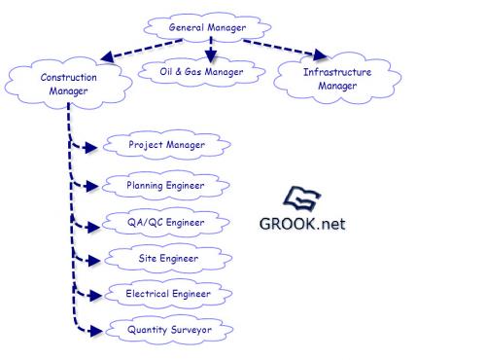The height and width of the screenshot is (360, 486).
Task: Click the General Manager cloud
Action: click(x=207, y=27)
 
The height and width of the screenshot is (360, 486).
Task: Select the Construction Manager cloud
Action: click(x=68, y=84)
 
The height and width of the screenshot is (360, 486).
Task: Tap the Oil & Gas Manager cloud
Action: click(x=201, y=72)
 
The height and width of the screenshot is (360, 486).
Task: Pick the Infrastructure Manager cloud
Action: click(x=337, y=78)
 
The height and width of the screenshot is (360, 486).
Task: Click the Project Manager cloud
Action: click(x=167, y=145)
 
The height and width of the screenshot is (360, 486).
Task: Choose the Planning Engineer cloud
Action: click(x=165, y=186)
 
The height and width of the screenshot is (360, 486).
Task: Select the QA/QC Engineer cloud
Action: click(x=165, y=223)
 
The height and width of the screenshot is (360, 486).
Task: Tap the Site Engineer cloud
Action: click(x=168, y=259)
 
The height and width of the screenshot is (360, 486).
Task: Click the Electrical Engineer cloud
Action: click(x=168, y=294)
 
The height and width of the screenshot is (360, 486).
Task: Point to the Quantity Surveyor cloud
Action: click(x=169, y=330)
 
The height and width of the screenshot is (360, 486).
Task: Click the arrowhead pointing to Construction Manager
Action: click(x=107, y=57)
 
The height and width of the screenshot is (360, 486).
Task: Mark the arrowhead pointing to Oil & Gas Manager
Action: click(x=211, y=56)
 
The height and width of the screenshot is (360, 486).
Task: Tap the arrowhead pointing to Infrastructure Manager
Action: click(x=320, y=54)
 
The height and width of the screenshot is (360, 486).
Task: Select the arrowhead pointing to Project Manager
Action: click(x=90, y=148)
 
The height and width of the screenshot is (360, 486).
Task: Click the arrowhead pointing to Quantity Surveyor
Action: click(x=96, y=331)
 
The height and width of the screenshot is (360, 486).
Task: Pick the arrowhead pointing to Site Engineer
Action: click(x=94, y=261)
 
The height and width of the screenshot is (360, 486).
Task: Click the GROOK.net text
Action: click(x=302, y=224)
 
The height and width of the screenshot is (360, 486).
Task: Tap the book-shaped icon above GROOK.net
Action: click(x=302, y=198)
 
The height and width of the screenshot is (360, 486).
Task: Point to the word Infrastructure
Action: click(x=337, y=72)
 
